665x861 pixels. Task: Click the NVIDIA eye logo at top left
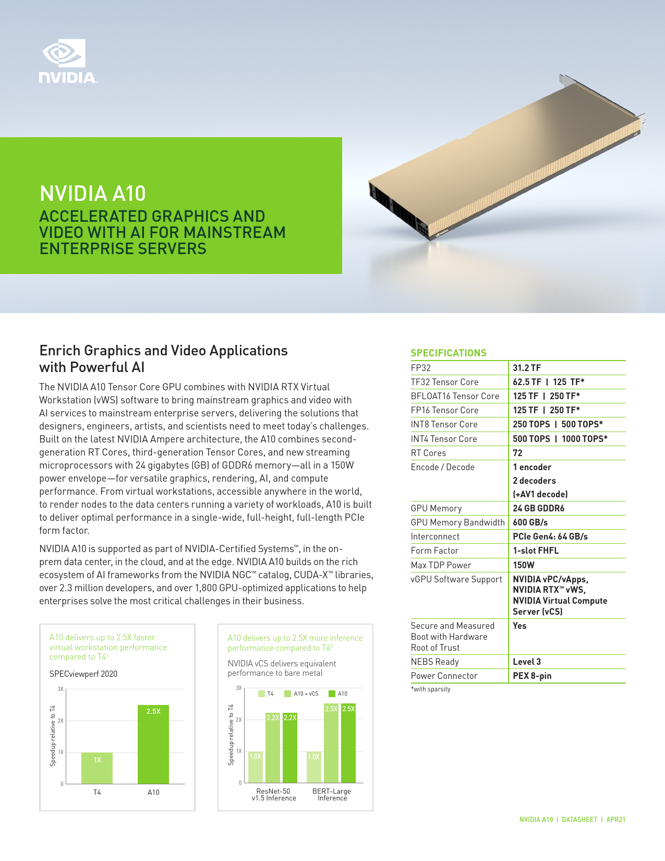click(64, 54)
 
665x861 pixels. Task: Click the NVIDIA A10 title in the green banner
click(93, 194)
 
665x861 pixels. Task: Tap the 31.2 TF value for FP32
click(527, 368)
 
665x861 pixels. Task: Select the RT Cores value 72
click(517, 453)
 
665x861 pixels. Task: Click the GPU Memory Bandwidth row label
click(457, 522)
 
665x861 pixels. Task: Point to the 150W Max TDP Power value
click(523, 565)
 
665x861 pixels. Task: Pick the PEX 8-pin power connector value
click(532, 676)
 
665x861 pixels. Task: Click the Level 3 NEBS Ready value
click(527, 662)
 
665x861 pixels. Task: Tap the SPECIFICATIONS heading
click(449, 353)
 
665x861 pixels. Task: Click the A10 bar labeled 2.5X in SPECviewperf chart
click(153, 744)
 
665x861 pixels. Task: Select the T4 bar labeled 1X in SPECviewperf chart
click(97, 768)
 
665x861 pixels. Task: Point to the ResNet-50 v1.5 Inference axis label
click(273, 795)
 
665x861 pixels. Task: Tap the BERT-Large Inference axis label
click(332, 795)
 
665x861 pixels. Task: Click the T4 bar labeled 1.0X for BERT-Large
click(314, 767)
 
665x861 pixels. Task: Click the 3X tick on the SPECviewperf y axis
click(61, 689)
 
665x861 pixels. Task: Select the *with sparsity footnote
click(431, 689)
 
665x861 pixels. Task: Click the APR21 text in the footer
click(615, 819)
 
